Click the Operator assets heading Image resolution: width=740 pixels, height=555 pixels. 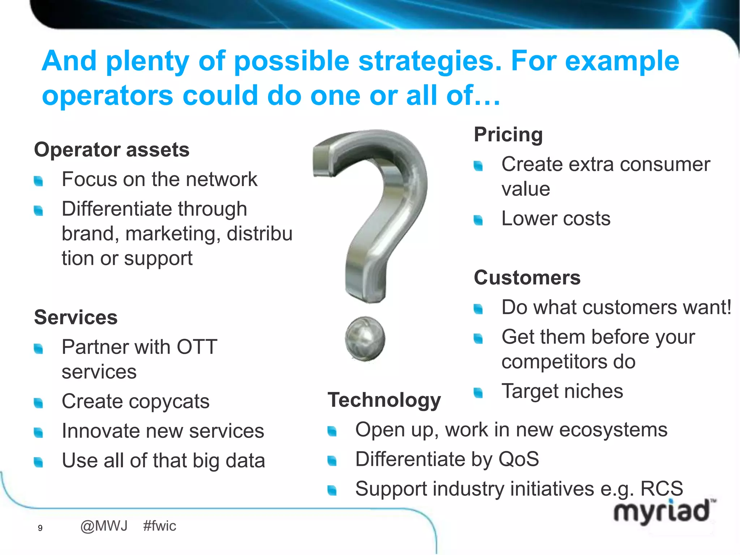112,150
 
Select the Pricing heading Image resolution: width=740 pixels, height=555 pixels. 508,134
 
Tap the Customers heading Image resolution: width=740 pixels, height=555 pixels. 527,277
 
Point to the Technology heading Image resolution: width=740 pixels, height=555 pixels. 384,400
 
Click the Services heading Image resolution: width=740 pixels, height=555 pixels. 76,317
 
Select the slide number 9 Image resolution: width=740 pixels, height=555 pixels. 40,528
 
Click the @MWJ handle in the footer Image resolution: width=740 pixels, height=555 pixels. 104,526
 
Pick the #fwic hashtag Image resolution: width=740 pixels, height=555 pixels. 160,526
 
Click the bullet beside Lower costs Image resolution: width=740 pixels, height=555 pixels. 478,220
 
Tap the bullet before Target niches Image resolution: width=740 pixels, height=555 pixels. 478,392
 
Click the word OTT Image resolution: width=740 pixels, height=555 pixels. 197,347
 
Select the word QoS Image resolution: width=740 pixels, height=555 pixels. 519,459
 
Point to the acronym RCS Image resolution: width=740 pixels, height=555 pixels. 662,489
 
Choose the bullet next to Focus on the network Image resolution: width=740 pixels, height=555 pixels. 38,181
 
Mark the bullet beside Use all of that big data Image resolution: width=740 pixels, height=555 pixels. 38,462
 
